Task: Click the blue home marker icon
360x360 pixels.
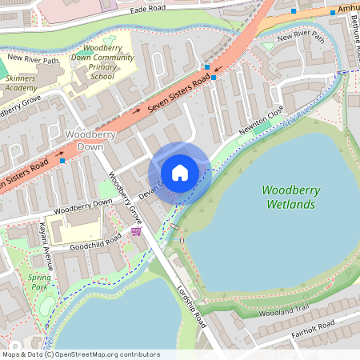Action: [180, 173]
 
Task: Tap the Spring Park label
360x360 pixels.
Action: [39, 282]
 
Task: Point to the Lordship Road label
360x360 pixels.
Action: [192, 304]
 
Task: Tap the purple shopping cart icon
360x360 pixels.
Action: [136, 231]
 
